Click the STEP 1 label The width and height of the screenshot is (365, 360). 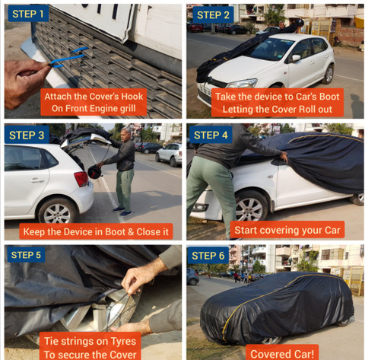point(27,14)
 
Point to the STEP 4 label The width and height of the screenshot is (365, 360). point(211,135)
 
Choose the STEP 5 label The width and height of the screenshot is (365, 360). point(27,255)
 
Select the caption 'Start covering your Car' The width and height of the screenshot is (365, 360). point(287,228)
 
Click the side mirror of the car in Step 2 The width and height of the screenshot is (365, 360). point(295,58)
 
